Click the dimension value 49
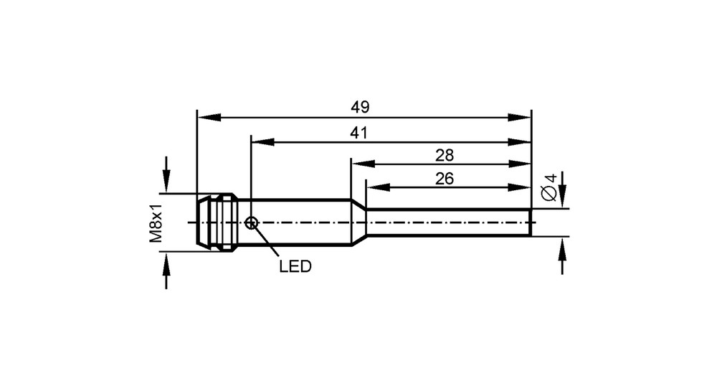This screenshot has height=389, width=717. pyautogui.click(x=360, y=107)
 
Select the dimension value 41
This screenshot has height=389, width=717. pyautogui.click(x=359, y=133)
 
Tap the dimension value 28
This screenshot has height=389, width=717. pyautogui.click(x=445, y=156)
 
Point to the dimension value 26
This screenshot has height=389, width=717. pyautogui.click(x=445, y=179)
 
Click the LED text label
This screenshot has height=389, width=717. pyautogui.click(x=295, y=266)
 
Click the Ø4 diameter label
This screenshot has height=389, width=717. pyautogui.click(x=549, y=187)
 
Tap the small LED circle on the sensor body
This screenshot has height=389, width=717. pyautogui.click(x=251, y=223)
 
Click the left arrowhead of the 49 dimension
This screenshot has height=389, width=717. pyautogui.click(x=209, y=118)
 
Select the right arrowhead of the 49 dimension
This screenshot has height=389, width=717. pyautogui.click(x=519, y=118)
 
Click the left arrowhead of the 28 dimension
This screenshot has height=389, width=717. pyautogui.click(x=363, y=164)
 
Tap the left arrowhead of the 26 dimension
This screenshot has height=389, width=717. pyautogui.click(x=378, y=187)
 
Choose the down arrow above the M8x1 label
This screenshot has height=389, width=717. pyautogui.click(x=166, y=175)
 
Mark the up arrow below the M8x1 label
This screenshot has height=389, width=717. pyautogui.click(x=166, y=270)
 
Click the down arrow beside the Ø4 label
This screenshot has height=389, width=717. pyautogui.click(x=562, y=190)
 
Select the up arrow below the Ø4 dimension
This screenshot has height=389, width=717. pyautogui.click(x=562, y=256)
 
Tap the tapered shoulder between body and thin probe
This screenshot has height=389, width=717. pyautogui.click(x=358, y=223)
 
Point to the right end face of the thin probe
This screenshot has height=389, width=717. pyautogui.click(x=531, y=223)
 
